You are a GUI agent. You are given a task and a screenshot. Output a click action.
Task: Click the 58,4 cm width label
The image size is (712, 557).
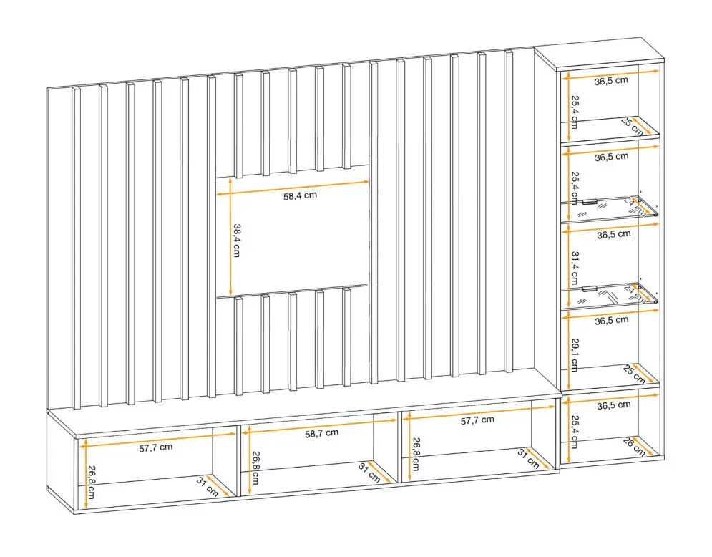(300, 197)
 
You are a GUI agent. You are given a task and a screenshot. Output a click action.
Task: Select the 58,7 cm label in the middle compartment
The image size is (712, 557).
(321, 433)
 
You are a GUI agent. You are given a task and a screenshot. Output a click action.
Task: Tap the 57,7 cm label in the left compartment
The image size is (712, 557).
(155, 447)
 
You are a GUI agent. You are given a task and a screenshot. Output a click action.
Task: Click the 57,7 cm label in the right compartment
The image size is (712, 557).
(477, 420)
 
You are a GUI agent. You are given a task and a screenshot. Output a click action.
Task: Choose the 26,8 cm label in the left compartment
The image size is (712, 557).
(92, 485)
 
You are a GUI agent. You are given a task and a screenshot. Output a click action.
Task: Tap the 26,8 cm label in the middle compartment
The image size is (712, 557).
(255, 467)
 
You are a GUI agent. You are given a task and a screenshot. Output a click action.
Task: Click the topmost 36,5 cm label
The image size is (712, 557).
(612, 80)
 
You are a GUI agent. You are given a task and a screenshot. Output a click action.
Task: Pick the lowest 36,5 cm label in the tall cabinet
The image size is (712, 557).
(612, 405)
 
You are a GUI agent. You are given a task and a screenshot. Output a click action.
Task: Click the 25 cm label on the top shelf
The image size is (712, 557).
(631, 125)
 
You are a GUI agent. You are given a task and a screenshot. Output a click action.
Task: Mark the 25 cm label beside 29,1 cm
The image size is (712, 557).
(633, 373)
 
